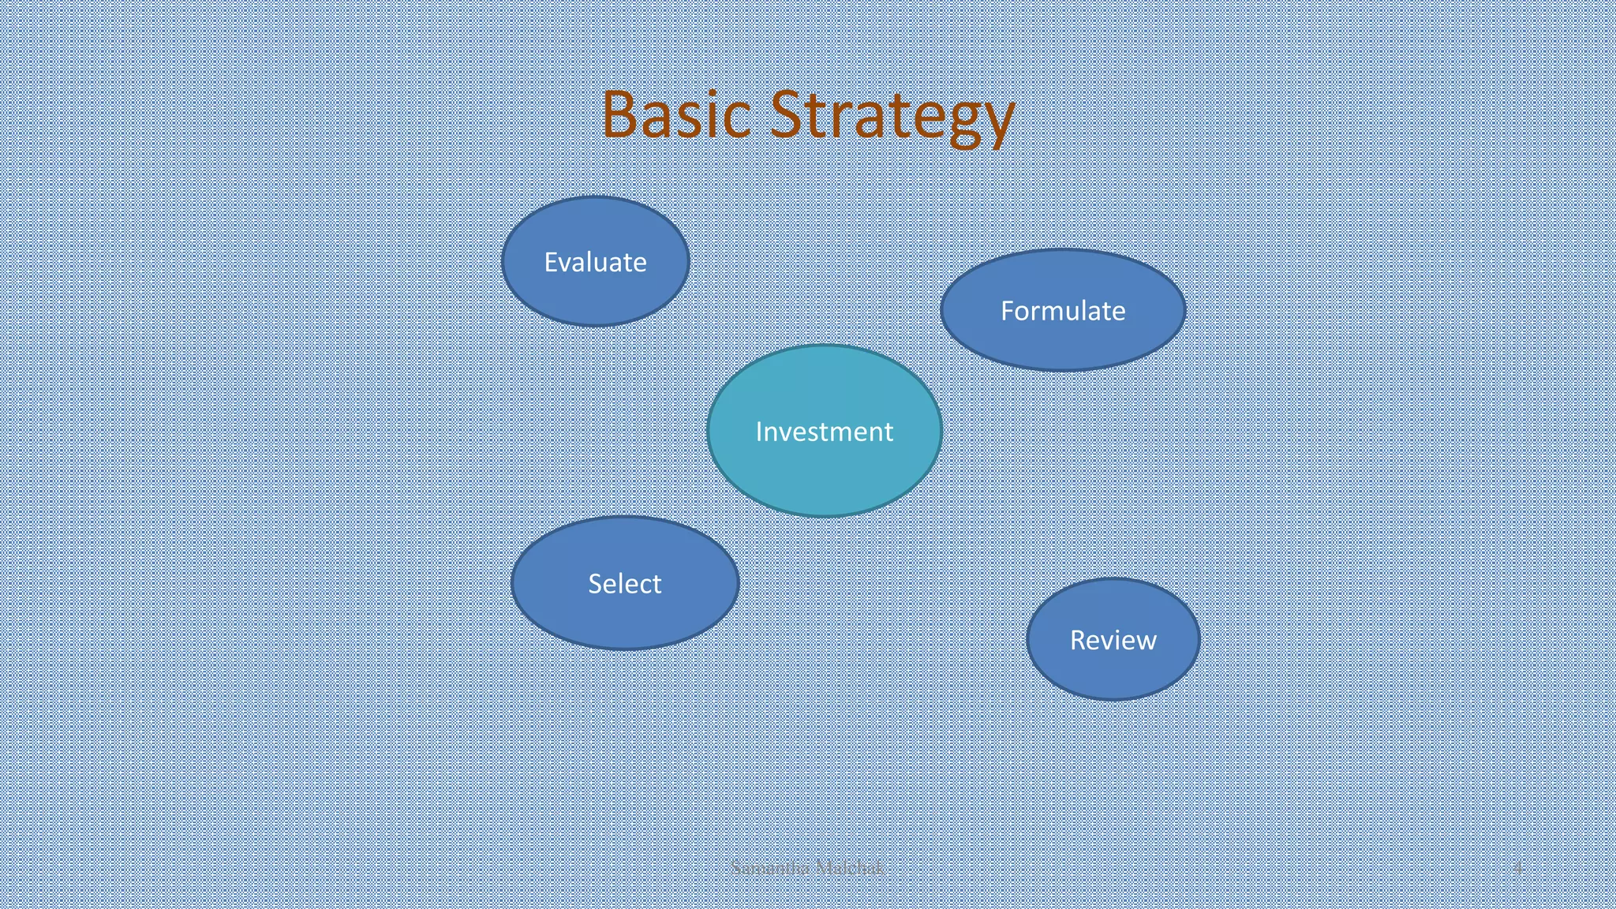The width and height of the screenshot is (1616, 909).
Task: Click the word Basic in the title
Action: tap(675, 115)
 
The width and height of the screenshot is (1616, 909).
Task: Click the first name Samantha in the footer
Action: tap(770, 869)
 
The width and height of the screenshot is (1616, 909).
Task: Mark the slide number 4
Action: tap(1517, 869)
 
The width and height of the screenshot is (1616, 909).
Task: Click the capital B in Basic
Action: tap(619, 115)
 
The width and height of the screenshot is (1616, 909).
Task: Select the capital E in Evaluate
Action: tap(551, 262)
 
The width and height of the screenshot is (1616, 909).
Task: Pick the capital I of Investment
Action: tap(758, 432)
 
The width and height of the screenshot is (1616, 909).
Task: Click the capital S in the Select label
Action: tap(596, 584)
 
